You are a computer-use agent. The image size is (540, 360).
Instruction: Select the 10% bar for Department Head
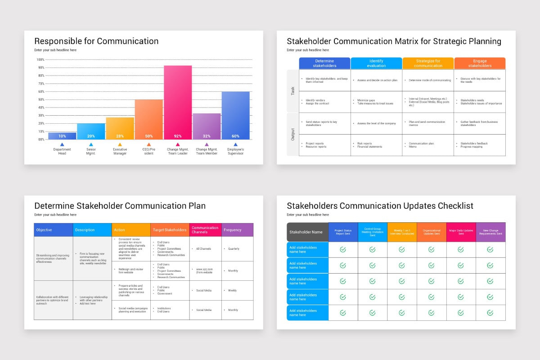pos(62,135)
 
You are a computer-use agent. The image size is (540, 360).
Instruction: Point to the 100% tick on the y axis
pos(40,59)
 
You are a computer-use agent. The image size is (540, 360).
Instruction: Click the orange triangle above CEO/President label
pos(148,145)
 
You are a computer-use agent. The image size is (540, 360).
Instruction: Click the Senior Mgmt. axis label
pos(91,151)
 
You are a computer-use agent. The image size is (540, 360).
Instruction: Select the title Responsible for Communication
pos(96,41)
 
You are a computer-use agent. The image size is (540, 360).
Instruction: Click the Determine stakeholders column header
pos(324,63)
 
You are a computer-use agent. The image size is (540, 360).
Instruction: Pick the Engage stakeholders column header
pos(480,63)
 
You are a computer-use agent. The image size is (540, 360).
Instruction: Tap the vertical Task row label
pos(293,91)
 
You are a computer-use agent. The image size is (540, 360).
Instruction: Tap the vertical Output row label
pos(293,134)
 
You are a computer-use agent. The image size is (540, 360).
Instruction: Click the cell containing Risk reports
pos(376,145)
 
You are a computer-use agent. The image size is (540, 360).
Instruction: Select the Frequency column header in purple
pos(237,230)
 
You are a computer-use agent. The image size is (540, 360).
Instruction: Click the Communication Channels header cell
pos(205,230)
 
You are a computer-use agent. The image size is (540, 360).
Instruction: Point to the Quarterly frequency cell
pos(237,248)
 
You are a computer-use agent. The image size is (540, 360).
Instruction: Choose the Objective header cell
pos(53,230)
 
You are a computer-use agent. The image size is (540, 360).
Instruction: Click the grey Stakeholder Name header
pos(307,232)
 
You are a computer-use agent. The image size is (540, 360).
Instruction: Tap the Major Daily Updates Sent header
pos(461,232)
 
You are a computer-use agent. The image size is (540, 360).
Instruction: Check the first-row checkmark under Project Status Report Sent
pos(343,249)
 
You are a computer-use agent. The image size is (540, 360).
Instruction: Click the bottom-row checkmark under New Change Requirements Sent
pos(490,312)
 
